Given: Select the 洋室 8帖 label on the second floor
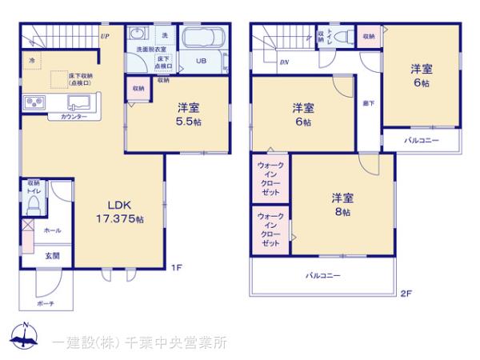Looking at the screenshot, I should coord(343,204).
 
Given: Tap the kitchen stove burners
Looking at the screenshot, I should coord(35,103).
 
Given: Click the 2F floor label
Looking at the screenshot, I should coord(406,294).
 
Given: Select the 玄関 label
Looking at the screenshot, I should coord(51,256).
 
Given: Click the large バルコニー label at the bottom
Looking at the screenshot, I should coord(322,275).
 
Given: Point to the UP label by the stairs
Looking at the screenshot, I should coord(105,36).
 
